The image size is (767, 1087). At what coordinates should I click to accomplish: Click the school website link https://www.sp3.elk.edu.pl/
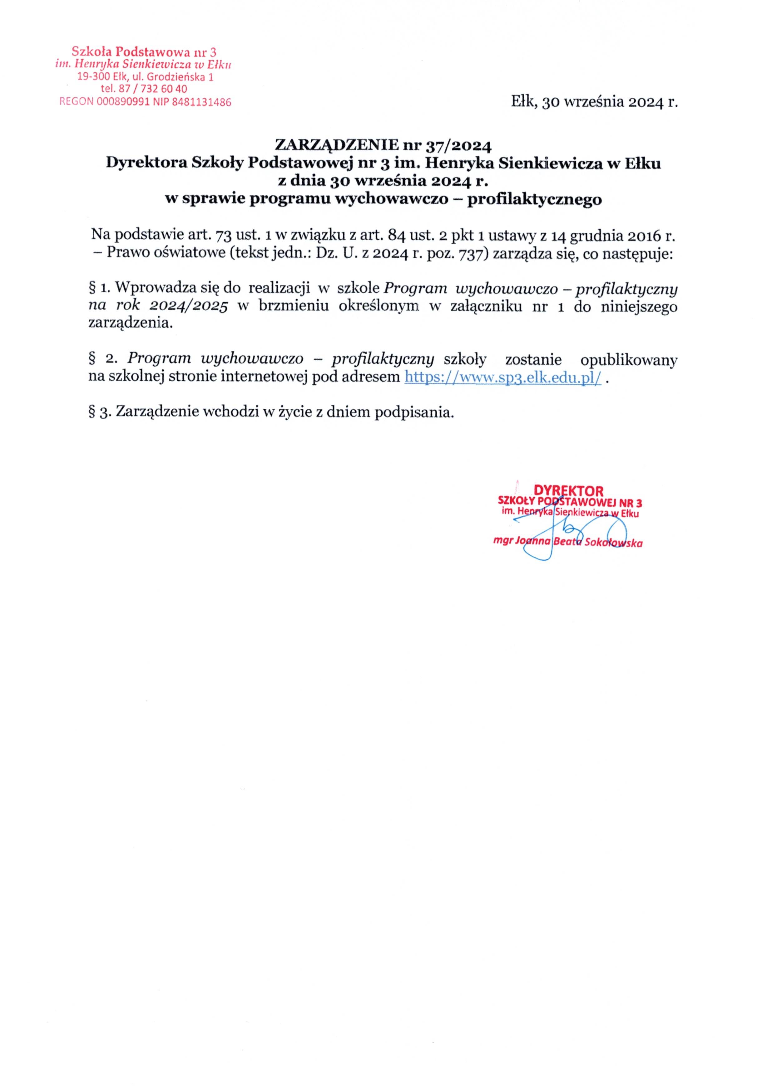pos(503,378)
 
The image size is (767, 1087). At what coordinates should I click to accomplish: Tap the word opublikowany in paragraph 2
pos(629,359)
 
